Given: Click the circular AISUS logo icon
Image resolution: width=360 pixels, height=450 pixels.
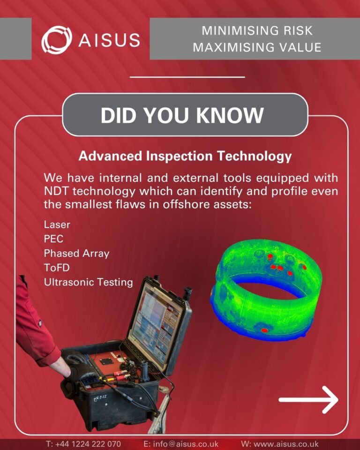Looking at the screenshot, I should [x=56, y=39].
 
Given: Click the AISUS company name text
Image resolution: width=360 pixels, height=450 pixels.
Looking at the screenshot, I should [x=109, y=39].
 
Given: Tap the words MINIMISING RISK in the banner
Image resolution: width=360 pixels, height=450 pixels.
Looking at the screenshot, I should [x=257, y=31].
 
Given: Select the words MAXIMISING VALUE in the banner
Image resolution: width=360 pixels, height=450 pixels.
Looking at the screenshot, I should [x=257, y=47].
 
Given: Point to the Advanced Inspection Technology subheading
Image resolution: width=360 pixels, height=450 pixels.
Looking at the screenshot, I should [x=185, y=156].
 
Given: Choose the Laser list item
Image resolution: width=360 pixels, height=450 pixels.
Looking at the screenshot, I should [x=57, y=224].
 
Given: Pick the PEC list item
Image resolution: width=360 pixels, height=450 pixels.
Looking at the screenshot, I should [x=53, y=239].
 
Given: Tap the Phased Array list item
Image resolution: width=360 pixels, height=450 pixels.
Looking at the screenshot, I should [x=76, y=254].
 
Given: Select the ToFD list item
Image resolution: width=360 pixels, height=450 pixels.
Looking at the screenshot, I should [x=56, y=268].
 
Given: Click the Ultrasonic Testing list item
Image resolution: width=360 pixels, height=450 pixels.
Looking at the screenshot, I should [x=88, y=283].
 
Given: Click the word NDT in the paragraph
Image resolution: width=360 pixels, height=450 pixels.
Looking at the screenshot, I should [x=56, y=192].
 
